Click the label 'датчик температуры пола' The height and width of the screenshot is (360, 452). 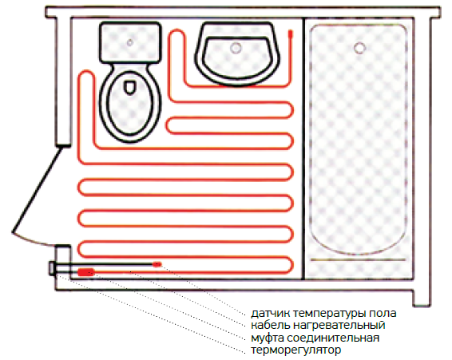point(323,313)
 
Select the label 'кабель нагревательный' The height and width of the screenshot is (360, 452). point(318,325)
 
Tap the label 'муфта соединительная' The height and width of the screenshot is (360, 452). point(315,338)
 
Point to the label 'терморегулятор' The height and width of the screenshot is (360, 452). point(296,350)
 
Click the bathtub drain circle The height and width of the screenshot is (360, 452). point(359,48)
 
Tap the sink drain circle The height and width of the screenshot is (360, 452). point(236,48)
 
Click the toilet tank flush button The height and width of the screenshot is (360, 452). point(130,42)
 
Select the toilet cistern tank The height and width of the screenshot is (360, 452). point(130,42)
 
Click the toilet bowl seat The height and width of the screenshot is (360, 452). point(130,104)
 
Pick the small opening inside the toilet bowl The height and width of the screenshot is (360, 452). point(130,87)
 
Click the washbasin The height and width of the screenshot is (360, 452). point(237,54)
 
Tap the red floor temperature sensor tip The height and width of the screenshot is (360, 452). point(157,264)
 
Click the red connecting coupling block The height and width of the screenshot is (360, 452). point(86,272)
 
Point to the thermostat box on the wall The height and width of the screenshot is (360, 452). point(52,268)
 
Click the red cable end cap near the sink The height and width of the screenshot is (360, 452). point(290,34)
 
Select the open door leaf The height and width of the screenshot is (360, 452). point(37,189)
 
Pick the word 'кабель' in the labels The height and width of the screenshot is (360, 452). point(271,325)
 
